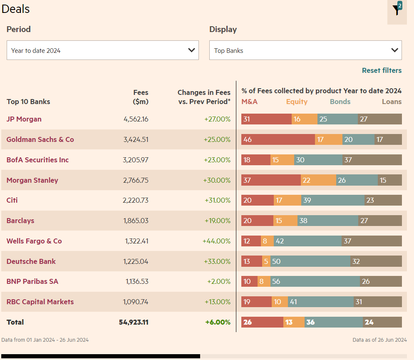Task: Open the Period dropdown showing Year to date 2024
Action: click(x=102, y=50)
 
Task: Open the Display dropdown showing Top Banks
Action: click(x=305, y=50)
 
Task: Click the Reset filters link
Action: click(x=382, y=70)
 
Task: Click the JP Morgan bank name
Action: click(x=24, y=119)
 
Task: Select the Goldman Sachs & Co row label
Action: click(x=40, y=139)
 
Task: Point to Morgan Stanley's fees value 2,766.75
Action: click(x=136, y=180)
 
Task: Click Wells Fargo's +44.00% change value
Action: click(x=216, y=241)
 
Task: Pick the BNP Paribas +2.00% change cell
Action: click(x=219, y=281)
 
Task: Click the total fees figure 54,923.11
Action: click(x=134, y=322)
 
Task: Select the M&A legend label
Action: click(x=250, y=102)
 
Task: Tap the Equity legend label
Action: click(x=297, y=102)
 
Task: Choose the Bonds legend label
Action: click(x=340, y=102)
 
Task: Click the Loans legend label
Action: click(x=392, y=102)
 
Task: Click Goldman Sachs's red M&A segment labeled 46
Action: click(x=278, y=139)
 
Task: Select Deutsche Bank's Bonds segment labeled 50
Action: click(x=310, y=261)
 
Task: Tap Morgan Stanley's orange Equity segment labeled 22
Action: click(x=318, y=180)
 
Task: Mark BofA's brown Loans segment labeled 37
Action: click(x=372, y=160)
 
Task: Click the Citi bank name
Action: click(x=12, y=200)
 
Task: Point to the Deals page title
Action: click(x=15, y=9)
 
